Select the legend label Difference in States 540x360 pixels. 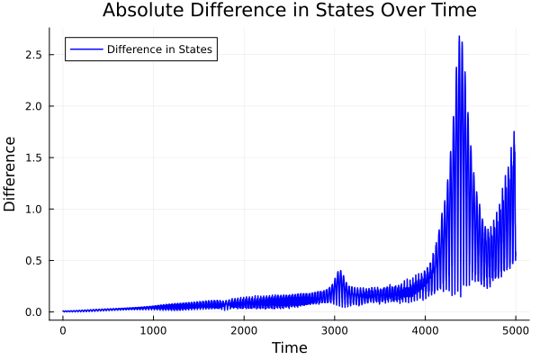[159, 49]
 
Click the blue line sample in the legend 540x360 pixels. [85, 49]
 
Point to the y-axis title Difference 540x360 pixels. [10, 174]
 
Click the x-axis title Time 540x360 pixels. [289, 347]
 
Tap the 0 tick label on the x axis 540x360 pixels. [63, 330]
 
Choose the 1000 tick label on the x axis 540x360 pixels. [153, 330]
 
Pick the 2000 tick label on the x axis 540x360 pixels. [244, 330]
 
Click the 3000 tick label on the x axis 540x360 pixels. [335, 330]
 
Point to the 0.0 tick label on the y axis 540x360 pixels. [33, 312]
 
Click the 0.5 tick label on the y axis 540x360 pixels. [33, 261]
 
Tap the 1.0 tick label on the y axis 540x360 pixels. [33, 210]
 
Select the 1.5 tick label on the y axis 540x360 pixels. [33, 157]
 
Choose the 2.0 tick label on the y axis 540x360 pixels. [33, 106]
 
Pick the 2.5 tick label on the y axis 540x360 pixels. [33, 55]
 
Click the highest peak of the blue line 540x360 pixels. [459, 37]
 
